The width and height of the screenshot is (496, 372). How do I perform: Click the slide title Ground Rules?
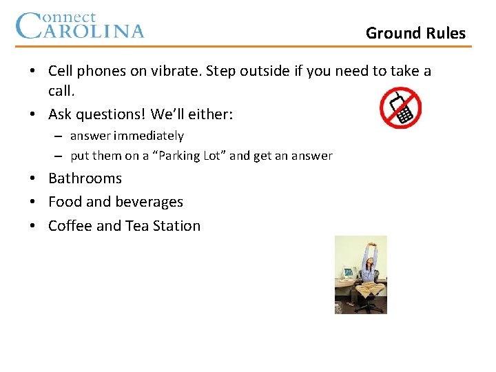(x=415, y=33)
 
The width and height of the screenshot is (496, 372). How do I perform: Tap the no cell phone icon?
(x=400, y=108)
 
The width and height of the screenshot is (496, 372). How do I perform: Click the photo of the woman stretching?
(x=360, y=275)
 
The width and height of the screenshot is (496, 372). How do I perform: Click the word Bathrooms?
(x=85, y=178)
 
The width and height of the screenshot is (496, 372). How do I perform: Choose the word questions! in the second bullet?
(x=112, y=114)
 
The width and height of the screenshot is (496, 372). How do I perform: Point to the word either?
(x=211, y=114)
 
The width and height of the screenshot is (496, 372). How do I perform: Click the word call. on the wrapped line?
(x=61, y=91)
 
